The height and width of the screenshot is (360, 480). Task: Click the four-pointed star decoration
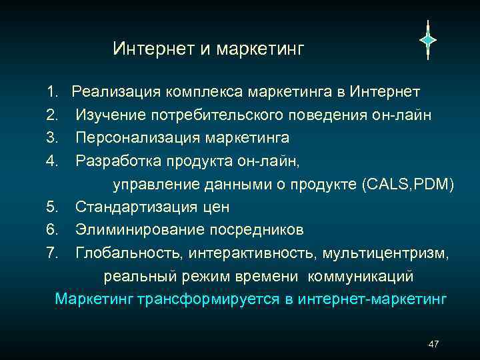(427, 40)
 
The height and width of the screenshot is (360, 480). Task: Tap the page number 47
(433, 344)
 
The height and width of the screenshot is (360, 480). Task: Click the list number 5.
(53, 207)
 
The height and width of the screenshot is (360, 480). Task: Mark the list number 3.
(53, 138)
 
